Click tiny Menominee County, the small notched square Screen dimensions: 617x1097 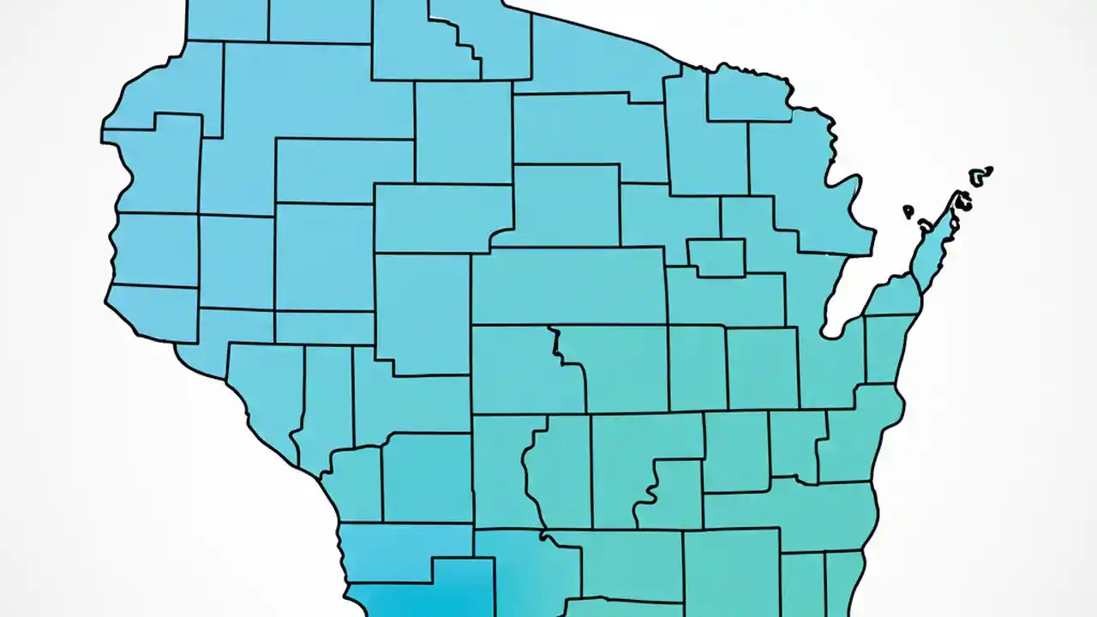pyautogui.click(x=716, y=256)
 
